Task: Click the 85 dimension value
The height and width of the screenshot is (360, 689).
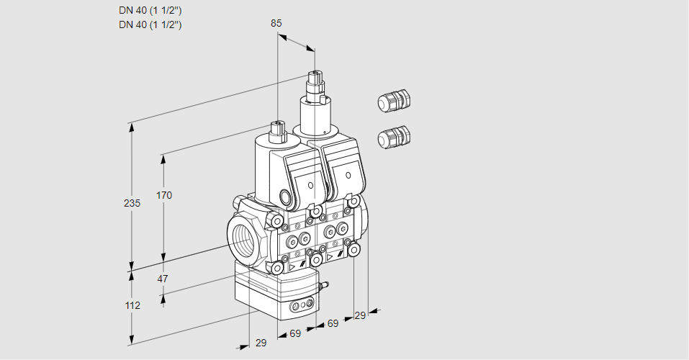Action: coord(276,23)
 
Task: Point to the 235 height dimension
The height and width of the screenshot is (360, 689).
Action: coord(131,203)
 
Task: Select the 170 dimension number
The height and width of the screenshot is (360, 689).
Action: coord(164,195)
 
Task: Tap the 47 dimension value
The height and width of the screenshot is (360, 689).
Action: coord(163,279)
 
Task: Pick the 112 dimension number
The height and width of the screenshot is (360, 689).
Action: coord(131,305)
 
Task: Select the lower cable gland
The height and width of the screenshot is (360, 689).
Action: coord(394,136)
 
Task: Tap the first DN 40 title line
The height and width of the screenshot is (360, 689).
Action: coord(150,11)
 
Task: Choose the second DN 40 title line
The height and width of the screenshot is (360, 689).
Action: coord(150,24)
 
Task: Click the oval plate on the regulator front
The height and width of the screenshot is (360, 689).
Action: coord(300,307)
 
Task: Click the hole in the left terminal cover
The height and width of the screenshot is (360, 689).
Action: coord(311,186)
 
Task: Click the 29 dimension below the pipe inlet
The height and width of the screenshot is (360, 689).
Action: coord(261,343)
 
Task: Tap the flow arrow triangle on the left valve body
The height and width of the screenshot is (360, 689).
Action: coord(293,266)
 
